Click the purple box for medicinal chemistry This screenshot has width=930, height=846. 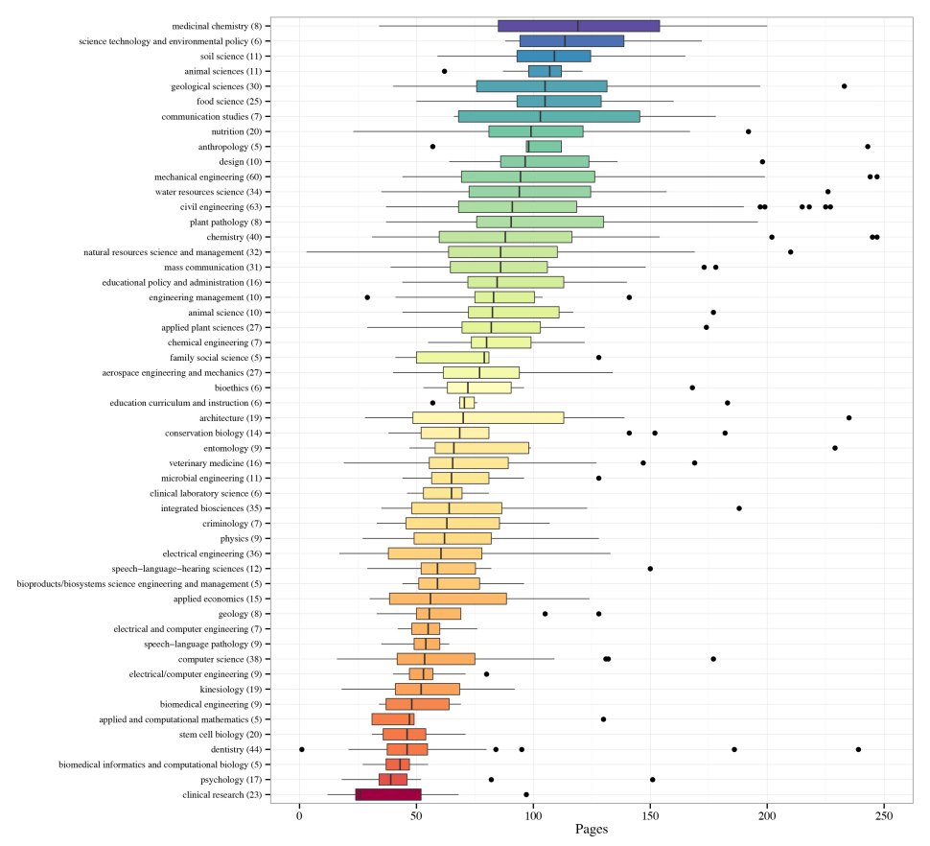578,26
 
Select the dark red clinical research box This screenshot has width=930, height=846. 388,794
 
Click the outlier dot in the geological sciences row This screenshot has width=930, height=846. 844,86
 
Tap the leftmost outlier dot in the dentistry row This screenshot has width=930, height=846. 302,749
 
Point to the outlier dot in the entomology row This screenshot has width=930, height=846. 835,448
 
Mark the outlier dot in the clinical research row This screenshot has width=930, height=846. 526,794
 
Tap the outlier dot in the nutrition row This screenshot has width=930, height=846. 748,131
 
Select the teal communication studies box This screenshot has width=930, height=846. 548,116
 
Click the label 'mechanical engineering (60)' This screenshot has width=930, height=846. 213,176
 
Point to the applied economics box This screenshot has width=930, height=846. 448,599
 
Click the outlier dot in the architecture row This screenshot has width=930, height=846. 849,417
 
